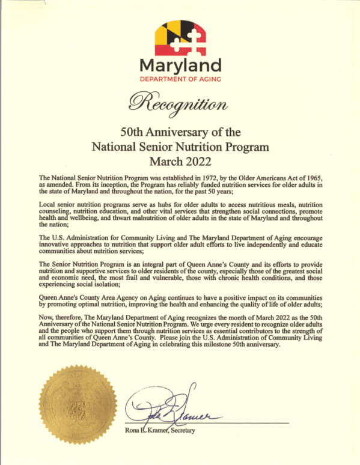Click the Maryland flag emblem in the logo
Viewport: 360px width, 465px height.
(180, 37)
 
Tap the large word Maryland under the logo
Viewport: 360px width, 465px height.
(180, 65)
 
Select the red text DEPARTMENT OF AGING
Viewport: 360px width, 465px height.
(180, 79)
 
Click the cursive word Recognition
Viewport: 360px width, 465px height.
(180, 103)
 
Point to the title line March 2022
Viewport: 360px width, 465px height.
(180, 160)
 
